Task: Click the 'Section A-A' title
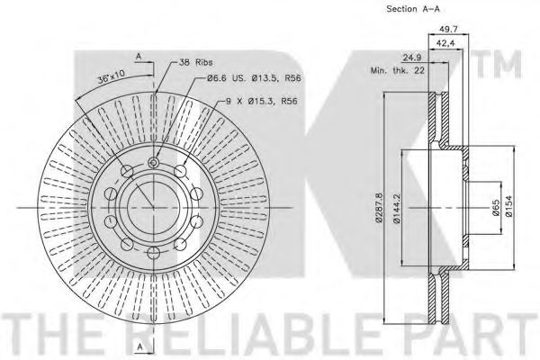[413, 9]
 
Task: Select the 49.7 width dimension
[449, 30]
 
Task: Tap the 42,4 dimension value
[445, 43]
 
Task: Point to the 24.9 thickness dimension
[412, 58]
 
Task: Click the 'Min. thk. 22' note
[398, 71]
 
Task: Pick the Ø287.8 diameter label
[379, 208]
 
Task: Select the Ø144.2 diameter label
[397, 208]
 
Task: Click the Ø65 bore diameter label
[496, 208]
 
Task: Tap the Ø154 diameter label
[509, 206]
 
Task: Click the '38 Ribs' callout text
[195, 62]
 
